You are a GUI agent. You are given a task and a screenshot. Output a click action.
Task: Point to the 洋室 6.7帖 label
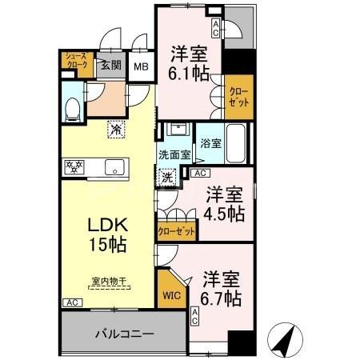(x=221, y=289)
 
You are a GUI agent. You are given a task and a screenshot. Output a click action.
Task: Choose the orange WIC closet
(x=172, y=294)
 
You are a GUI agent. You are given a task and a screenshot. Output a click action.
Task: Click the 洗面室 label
(x=173, y=155)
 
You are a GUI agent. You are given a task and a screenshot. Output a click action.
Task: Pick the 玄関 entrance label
(x=110, y=66)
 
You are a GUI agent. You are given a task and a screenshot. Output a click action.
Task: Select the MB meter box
(x=142, y=67)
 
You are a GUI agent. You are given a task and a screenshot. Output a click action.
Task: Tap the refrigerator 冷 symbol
(x=115, y=127)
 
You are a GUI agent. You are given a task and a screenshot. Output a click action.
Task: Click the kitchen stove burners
(x=74, y=167)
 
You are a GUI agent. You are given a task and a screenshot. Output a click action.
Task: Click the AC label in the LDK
(x=70, y=302)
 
